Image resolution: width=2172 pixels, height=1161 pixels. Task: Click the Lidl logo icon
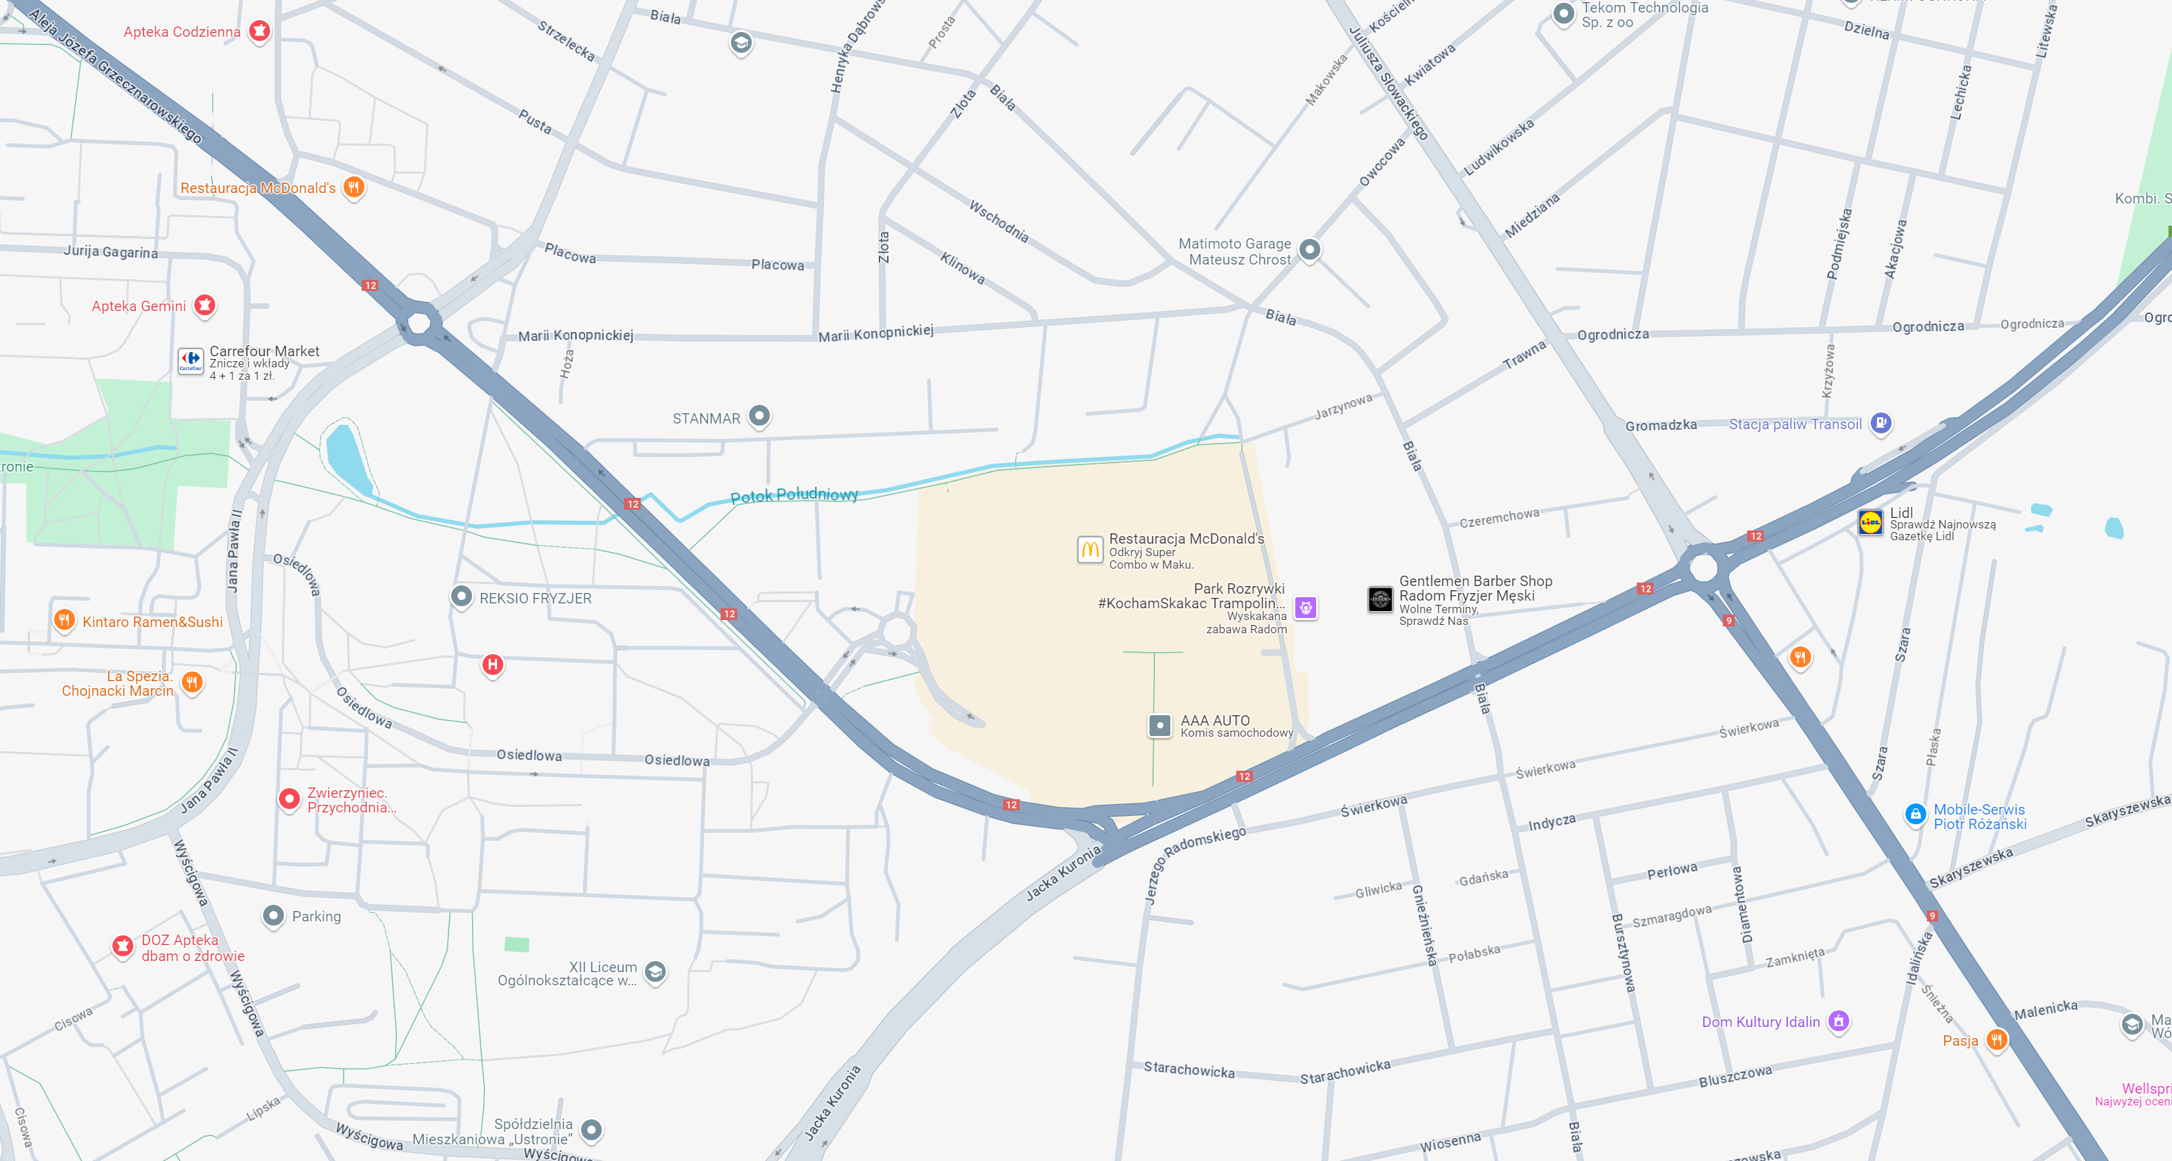(1870, 523)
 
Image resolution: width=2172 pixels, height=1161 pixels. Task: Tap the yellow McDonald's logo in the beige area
(1089, 550)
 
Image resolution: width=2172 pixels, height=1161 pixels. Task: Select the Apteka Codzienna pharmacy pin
(260, 31)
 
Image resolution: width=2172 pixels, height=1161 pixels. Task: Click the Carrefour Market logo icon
(192, 361)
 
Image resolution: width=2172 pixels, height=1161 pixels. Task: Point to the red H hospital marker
(492, 665)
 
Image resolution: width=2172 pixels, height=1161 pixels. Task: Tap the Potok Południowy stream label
(793, 495)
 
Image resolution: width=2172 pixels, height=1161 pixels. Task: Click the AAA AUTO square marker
(1160, 725)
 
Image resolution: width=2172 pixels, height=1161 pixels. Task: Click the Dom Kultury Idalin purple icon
(1839, 1021)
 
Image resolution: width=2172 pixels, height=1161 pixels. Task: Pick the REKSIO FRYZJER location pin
(461, 596)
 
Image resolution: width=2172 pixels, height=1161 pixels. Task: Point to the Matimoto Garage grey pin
(1309, 249)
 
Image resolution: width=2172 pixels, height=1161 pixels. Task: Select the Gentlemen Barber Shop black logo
(1380, 599)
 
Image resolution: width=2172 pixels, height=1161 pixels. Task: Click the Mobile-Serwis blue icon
(1916, 815)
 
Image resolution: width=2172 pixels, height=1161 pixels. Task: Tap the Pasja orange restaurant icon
(1996, 1039)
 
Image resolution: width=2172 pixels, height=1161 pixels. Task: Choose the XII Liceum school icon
(655, 972)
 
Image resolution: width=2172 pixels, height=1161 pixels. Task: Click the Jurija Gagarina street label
(110, 252)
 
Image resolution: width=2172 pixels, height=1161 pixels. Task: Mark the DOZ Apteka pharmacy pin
(123, 946)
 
